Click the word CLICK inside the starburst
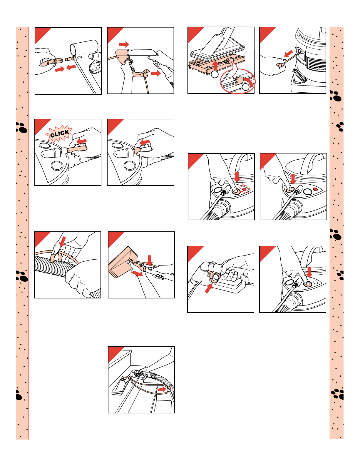[60, 133]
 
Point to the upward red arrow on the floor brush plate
[214, 65]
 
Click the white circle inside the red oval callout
[246, 87]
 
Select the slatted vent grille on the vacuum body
[316, 64]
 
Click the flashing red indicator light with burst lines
[245, 189]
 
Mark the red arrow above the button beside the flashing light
[237, 177]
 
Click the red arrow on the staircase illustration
[162, 389]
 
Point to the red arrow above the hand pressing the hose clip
[62, 241]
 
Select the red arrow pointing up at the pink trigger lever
[208, 288]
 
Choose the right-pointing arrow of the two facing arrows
[60, 69]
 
